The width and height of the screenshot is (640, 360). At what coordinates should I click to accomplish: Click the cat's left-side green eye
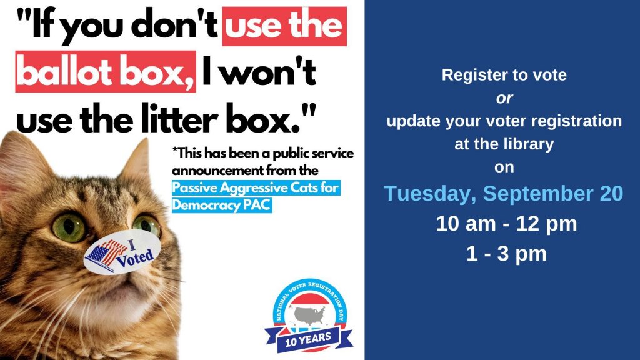[67, 227]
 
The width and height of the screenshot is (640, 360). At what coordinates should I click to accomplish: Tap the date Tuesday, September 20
[503, 194]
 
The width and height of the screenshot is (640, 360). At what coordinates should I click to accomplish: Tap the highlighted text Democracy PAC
[222, 204]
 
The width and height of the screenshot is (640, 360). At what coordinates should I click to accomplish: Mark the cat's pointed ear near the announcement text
[139, 159]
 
